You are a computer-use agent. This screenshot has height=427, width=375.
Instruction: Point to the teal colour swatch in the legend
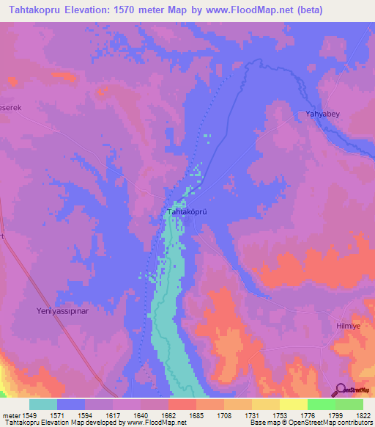click(x=43, y=404)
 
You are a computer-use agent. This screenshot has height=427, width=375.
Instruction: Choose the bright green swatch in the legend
click(x=321, y=404)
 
